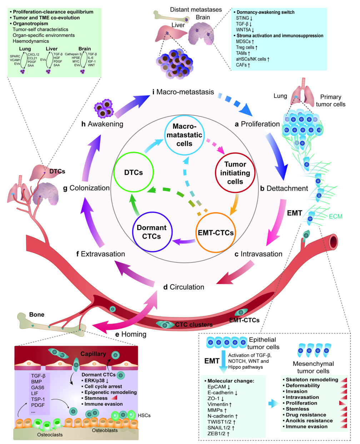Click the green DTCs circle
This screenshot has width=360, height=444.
pos(133,172)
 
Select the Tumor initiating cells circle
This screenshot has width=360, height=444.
pos(235,173)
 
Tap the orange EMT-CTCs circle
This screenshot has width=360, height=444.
pos(216,233)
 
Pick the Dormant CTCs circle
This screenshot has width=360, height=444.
pos(151,232)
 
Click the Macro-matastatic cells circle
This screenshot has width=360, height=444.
pos(184,135)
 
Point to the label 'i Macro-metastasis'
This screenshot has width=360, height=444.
pos(183,92)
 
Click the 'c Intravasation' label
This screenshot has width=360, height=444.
pos(258,254)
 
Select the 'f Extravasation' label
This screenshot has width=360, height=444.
pos(101,254)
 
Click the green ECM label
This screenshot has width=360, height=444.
pos(335,216)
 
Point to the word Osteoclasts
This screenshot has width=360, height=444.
pos(50,435)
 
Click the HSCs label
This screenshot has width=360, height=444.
pos(144,415)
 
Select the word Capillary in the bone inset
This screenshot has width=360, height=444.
pos(93,354)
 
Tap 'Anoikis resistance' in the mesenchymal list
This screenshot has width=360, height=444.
pos(309,421)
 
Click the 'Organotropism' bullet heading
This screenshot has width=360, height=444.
pos(30,24)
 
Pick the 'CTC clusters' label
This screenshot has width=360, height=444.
pos(194,325)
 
